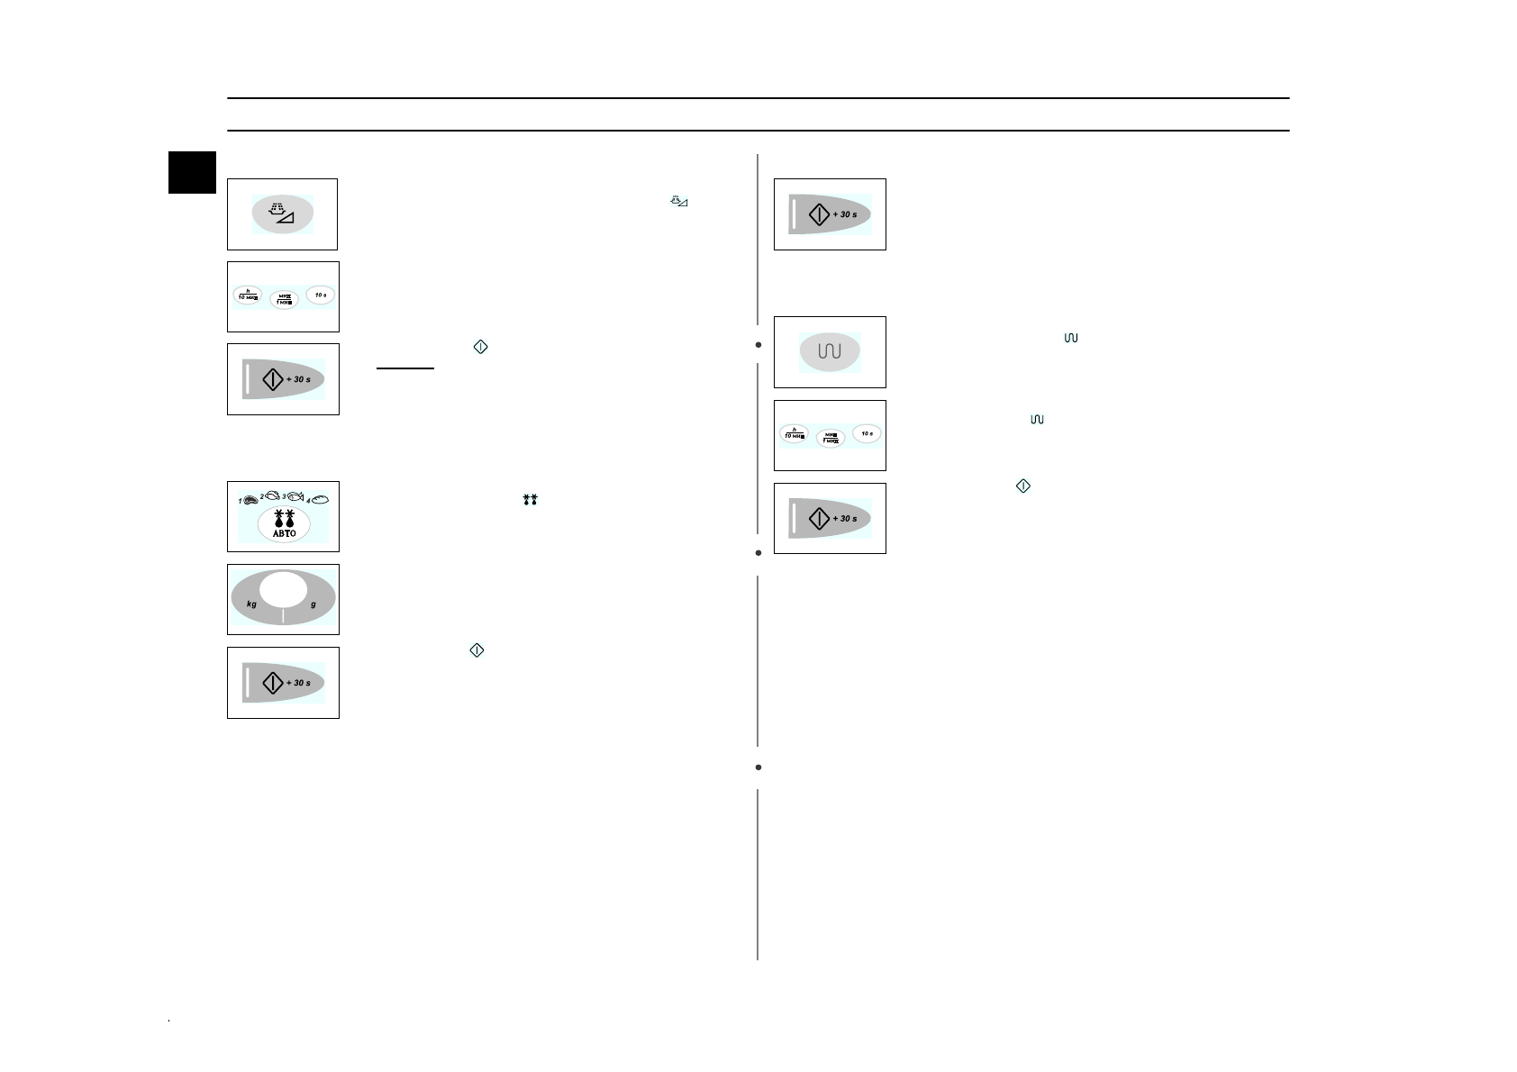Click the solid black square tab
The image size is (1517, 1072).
(x=193, y=172)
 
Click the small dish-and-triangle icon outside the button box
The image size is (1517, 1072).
(x=679, y=203)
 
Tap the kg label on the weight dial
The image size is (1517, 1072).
(x=252, y=604)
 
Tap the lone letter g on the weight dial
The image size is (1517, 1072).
(x=313, y=604)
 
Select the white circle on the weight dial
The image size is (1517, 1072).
(x=283, y=590)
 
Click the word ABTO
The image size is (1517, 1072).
(x=284, y=533)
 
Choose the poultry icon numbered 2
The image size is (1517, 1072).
(x=272, y=495)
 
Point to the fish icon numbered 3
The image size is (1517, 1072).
(x=295, y=496)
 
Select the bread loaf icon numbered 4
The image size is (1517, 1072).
(x=320, y=499)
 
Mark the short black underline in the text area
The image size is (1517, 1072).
(x=405, y=368)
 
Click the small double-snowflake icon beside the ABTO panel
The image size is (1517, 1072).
(x=530, y=499)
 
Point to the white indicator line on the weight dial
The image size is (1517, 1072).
(x=283, y=616)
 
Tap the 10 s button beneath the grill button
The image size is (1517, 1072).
(x=867, y=434)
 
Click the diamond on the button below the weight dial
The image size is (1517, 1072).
(x=273, y=683)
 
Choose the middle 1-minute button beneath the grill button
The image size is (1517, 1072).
(x=830, y=439)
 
